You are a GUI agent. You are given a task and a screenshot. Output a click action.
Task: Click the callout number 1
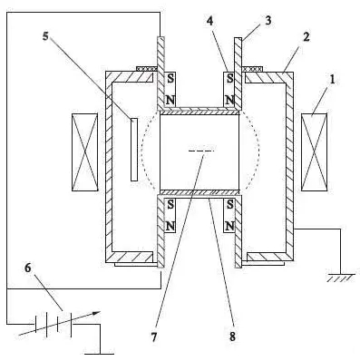click(332, 80)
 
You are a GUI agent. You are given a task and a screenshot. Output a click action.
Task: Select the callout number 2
click(306, 37)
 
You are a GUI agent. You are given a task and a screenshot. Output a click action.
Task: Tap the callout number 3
click(268, 20)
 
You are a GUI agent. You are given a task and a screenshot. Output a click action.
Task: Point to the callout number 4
click(210, 20)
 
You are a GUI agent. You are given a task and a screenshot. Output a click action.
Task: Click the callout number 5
click(45, 36)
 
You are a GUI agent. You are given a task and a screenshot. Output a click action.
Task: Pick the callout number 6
click(27, 268)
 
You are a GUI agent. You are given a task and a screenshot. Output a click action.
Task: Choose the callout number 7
click(154, 337)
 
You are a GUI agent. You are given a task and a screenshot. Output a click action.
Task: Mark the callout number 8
click(232, 337)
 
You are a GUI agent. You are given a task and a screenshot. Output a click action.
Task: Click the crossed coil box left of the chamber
click(85, 152)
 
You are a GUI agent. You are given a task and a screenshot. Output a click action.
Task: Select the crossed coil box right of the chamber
click(314, 152)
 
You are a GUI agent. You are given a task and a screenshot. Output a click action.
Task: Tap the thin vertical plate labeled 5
click(134, 150)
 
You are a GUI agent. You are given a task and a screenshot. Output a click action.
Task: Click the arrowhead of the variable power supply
click(97, 313)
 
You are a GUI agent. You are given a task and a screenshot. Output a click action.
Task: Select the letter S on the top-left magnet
click(170, 79)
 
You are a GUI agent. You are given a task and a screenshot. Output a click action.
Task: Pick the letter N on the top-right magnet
click(230, 100)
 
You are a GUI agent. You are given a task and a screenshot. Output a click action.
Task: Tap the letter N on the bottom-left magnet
click(170, 226)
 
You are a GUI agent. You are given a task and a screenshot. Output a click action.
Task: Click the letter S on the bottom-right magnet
click(230, 205)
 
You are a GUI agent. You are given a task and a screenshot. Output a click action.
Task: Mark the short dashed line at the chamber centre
click(201, 151)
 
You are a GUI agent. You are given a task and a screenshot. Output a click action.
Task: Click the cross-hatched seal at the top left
click(147, 69)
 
